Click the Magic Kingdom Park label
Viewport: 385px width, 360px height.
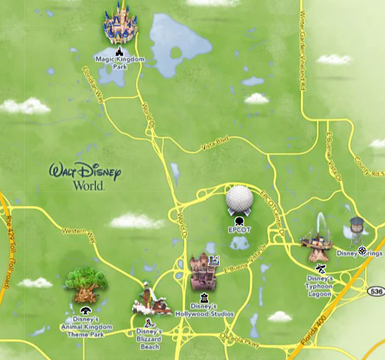[119, 62]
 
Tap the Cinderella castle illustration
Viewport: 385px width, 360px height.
[121, 25]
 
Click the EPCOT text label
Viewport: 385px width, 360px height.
[239, 229]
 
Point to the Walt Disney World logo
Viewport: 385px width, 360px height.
[86, 176]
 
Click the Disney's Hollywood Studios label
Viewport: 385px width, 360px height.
[205, 310]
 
